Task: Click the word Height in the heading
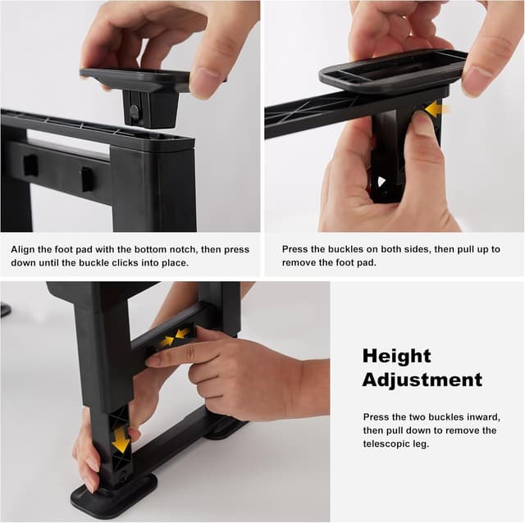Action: [x=396, y=357]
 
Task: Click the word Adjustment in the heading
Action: [x=422, y=380]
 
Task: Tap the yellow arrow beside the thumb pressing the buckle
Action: [x=436, y=110]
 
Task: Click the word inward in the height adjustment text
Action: [x=484, y=417]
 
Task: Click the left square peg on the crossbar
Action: [x=30, y=165]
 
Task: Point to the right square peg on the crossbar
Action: [x=88, y=179]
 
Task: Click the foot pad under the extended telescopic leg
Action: [x=113, y=493]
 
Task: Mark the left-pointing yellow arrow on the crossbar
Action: [x=183, y=334]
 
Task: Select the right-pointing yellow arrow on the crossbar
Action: [x=166, y=341]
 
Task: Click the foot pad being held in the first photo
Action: [x=135, y=79]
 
